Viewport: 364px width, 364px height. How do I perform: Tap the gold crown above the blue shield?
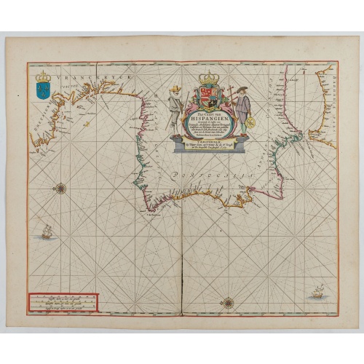(x=43, y=76)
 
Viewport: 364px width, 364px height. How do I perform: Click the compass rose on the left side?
(x=60, y=189)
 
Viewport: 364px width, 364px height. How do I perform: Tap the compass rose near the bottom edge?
(x=228, y=301)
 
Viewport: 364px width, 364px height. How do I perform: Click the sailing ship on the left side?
(x=47, y=232)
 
